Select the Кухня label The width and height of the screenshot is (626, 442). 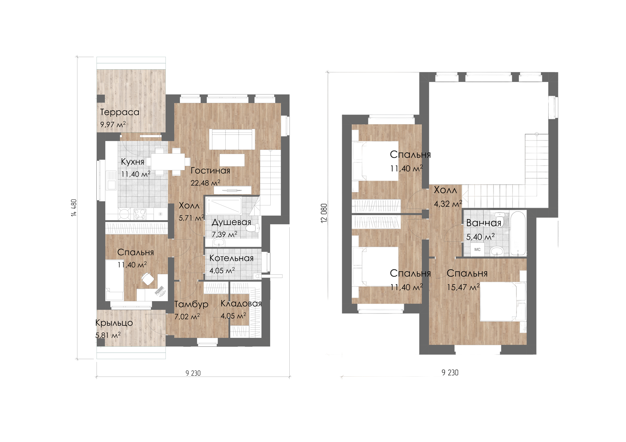[132, 162]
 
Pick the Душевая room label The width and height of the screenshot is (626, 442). [231, 222]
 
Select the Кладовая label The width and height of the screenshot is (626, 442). [241, 304]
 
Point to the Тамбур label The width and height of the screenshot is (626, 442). [191, 304]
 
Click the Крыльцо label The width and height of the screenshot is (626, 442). [114, 323]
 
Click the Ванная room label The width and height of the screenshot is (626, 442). [484, 223]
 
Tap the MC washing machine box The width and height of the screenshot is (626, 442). [477, 250]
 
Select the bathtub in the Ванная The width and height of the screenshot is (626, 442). [518, 233]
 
